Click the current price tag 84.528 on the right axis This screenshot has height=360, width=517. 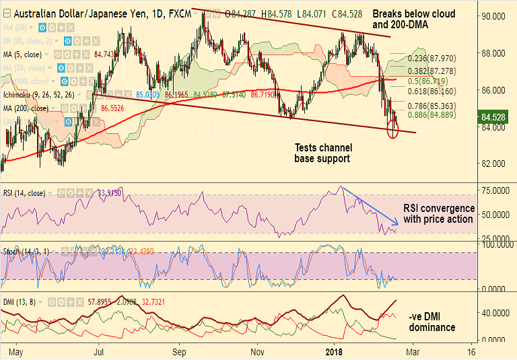tap(494, 117)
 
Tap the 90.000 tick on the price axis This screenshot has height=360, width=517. tap(493, 16)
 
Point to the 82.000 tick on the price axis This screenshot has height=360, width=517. tap(493, 164)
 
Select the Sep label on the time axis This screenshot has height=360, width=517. tap(178, 351)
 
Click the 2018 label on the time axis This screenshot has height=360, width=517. tap(334, 351)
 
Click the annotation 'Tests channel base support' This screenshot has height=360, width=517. tap(323, 153)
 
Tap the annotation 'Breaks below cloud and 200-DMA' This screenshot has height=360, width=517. tap(413, 19)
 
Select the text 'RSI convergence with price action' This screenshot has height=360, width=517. tap(438, 213)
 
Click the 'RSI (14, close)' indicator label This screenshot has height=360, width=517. tap(24, 193)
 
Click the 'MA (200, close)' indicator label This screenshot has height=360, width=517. tap(26, 108)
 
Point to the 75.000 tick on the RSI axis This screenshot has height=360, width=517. tap(493, 191)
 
